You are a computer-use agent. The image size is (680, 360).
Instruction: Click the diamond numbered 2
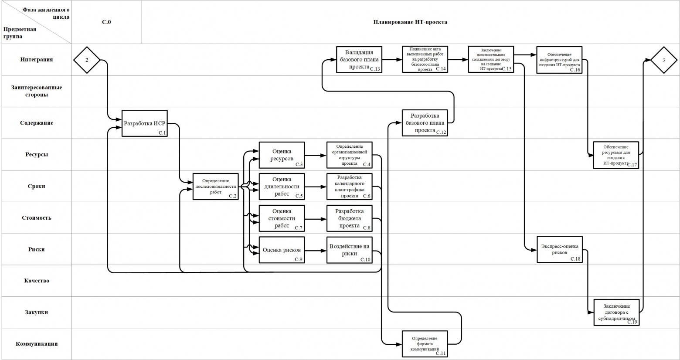click(x=87, y=60)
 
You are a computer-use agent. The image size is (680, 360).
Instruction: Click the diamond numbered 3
click(x=663, y=60)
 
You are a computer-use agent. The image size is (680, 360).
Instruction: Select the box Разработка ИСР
click(x=144, y=123)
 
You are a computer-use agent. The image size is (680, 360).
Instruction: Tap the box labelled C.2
click(x=216, y=187)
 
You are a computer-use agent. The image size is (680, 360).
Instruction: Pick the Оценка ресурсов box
click(x=282, y=155)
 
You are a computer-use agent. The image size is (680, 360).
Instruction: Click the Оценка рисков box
click(x=282, y=250)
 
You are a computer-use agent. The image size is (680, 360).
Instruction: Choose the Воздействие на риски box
click(x=350, y=250)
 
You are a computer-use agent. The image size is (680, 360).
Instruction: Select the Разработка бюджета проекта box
click(x=350, y=218)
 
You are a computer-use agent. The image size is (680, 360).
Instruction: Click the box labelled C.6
click(x=350, y=187)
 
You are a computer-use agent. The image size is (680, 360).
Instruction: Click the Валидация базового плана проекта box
click(x=359, y=60)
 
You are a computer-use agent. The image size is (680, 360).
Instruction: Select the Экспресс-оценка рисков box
click(x=560, y=250)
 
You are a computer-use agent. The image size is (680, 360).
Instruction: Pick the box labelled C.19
click(x=616, y=312)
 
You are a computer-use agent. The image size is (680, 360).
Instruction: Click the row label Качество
click(x=37, y=281)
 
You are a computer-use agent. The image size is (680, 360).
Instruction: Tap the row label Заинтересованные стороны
click(x=37, y=91)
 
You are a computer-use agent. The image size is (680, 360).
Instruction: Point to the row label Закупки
click(x=37, y=312)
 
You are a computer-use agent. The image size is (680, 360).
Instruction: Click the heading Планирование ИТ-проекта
click(x=410, y=22)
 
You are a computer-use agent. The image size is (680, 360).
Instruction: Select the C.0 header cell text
click(x=106, y=22)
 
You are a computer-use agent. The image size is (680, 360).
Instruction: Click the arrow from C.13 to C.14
click(x=392, y=60)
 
